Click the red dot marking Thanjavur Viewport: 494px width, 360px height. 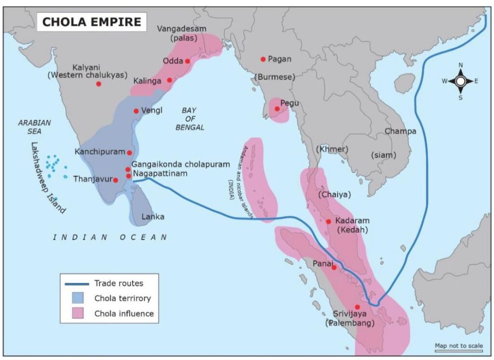click(x=115, y=180)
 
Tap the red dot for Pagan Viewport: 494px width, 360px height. click(x=263, y=59)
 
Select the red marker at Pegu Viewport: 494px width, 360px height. click(x=277, y=109)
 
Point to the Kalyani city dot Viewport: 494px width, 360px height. click(x=98, y=84)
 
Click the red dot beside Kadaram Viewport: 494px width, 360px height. click(x=329, y=222)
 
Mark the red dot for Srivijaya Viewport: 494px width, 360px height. click(x=357, y=307)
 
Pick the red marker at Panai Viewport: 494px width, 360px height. click(x=334, y=267)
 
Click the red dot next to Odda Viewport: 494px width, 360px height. click(x=187, y=61)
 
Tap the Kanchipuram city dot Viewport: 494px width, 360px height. click(x=129, y=152)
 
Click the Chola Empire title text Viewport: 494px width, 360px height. click(x=92, y=22)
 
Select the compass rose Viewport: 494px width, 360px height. click(x=460, y=81)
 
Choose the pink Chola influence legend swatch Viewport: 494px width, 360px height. click(x=76, y=313)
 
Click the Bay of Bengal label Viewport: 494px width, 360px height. click(x=193, y=119)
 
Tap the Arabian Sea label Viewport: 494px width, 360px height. click(x=34, y=126)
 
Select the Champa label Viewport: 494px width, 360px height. click(x=400, y=131)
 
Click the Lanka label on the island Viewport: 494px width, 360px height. click(x=152, y=217)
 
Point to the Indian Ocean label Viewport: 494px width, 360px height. click(x=110, y=237)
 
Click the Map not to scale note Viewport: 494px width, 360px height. click(x=458, y=346)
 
